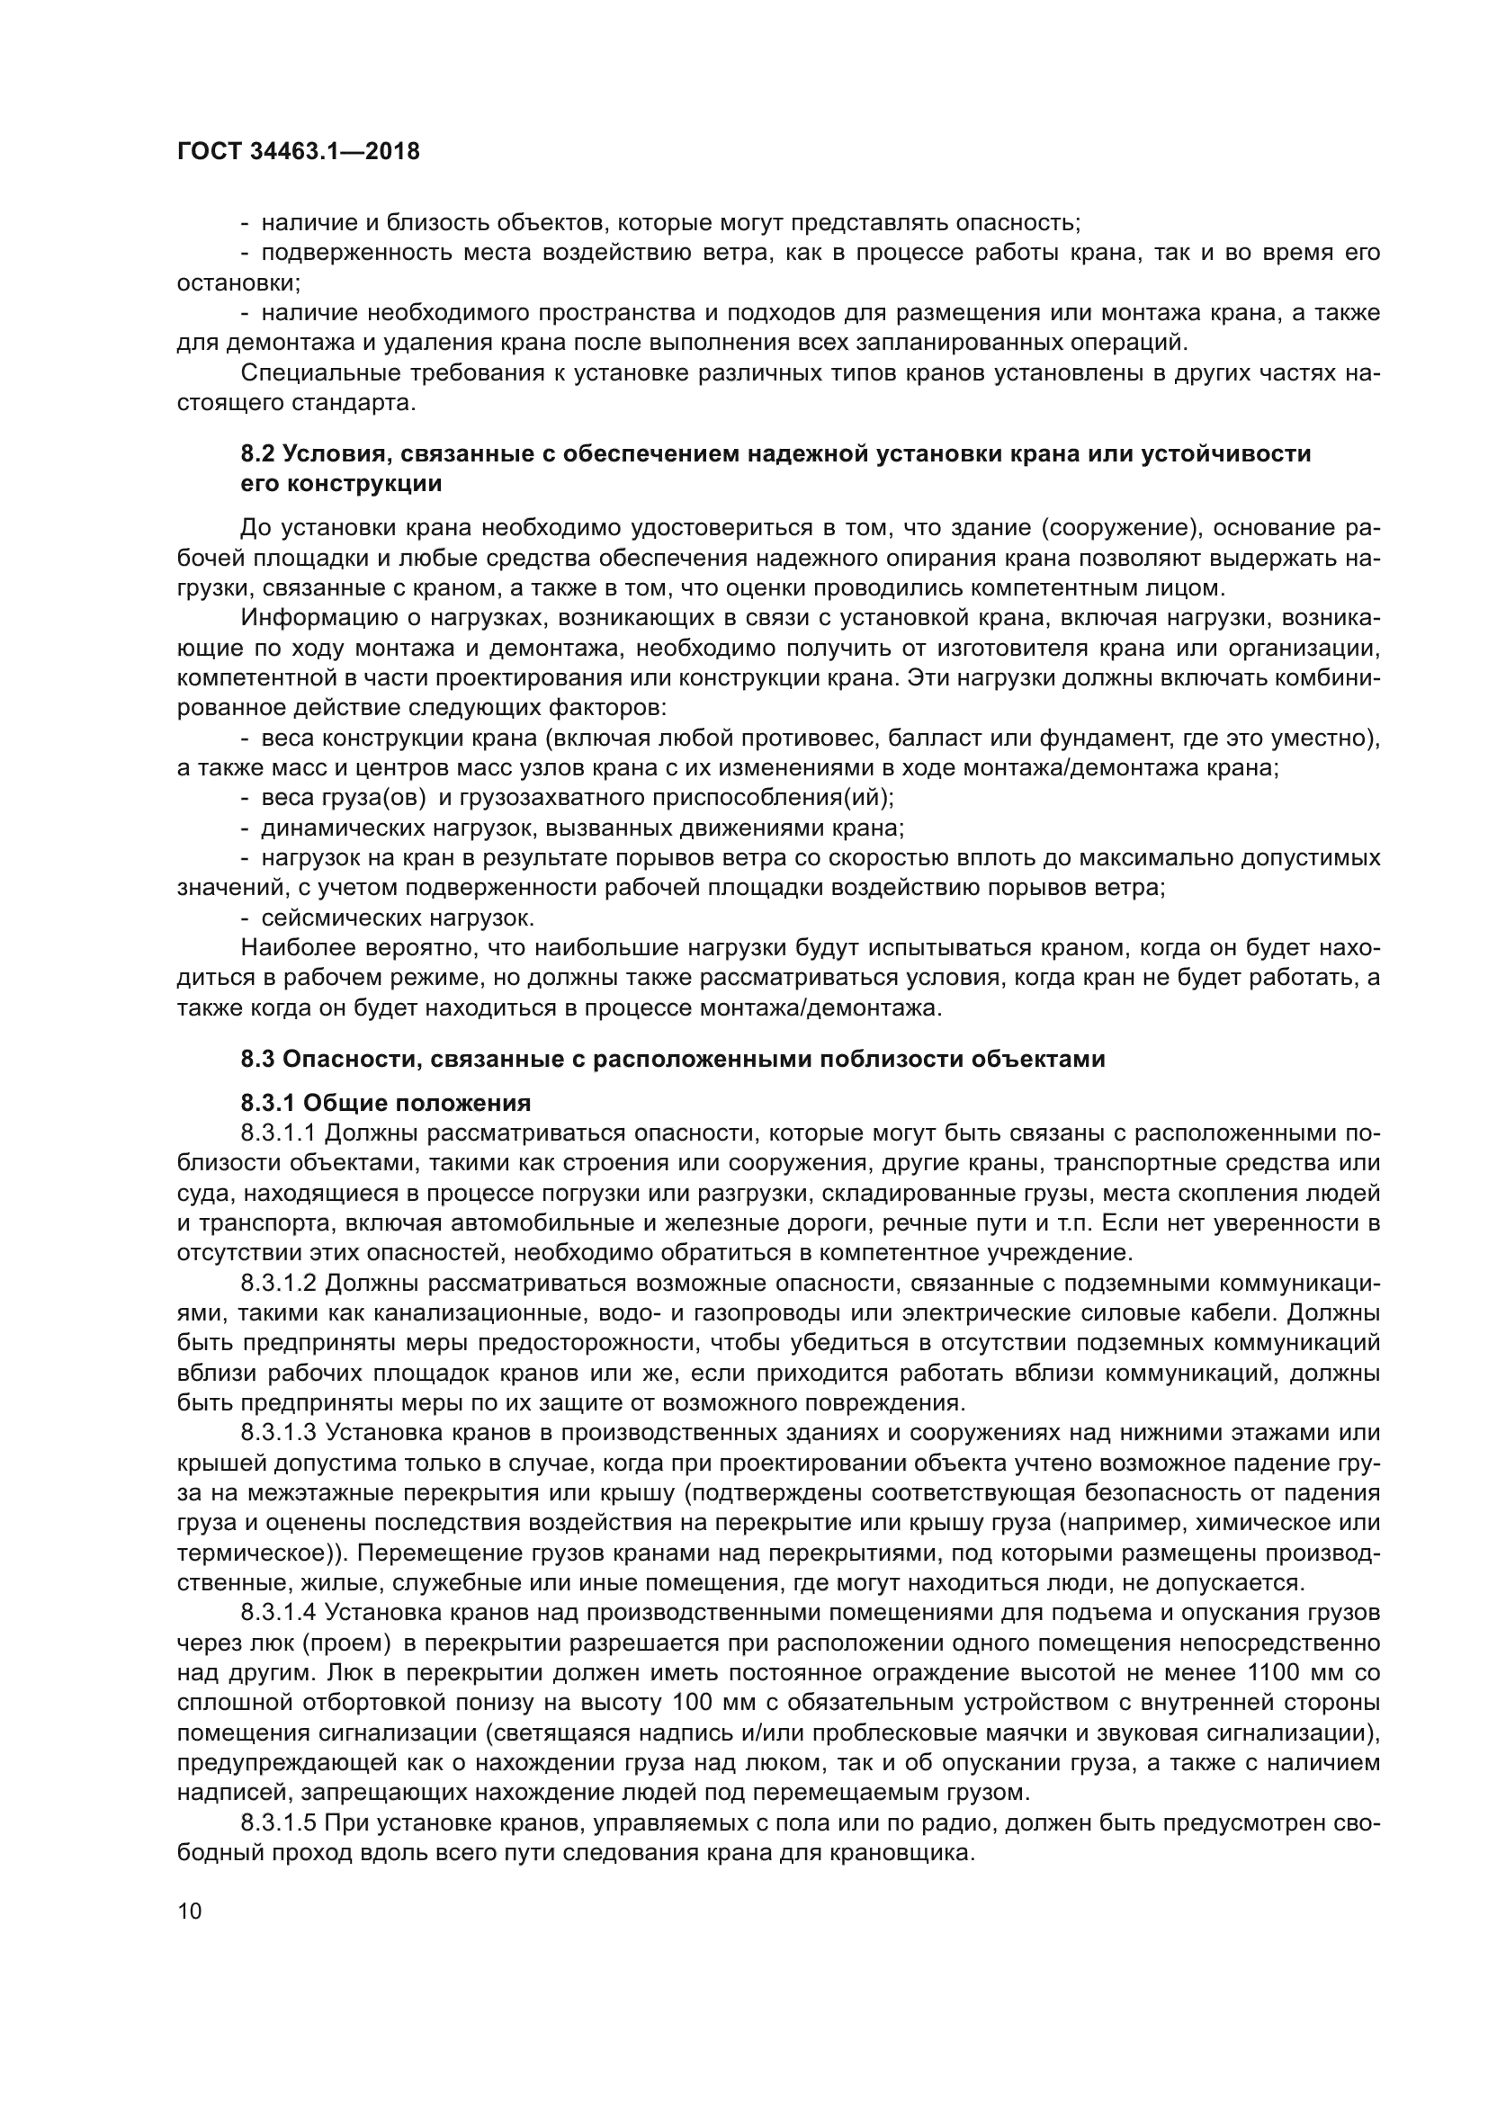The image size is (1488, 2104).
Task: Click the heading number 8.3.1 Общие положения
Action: [x=268, y=1103]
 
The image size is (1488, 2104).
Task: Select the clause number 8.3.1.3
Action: [x=278, y=1432]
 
